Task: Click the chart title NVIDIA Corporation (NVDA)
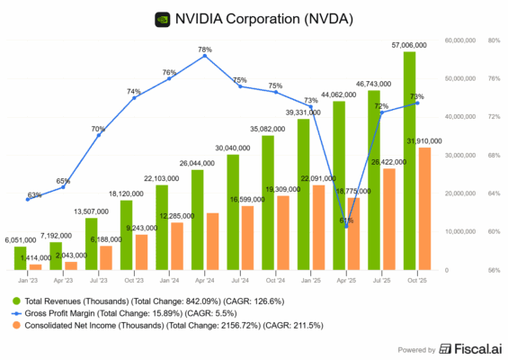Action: point(263,17)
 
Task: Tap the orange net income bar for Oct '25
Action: point(423,208)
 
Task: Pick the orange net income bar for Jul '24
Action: point(247,238)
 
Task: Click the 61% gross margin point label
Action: point(347,220)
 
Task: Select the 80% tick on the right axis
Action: point(494,40)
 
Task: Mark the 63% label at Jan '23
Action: point(34,194)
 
